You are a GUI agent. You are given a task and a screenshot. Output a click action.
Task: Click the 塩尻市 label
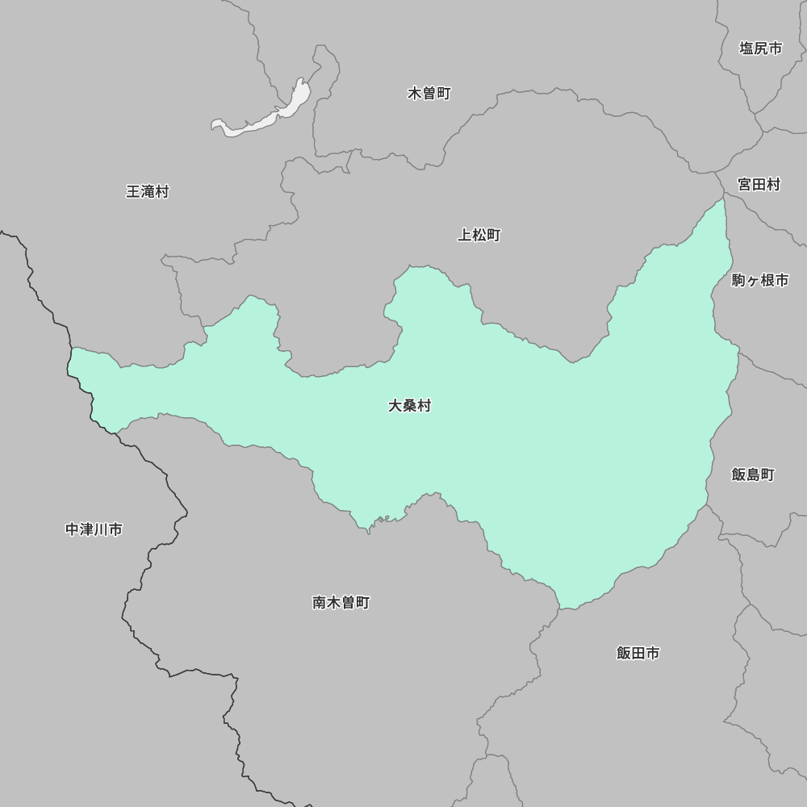[760, 48]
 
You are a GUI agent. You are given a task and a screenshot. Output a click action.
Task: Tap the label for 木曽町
[429, 94]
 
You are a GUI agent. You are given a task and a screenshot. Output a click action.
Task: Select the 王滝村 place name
[148, 192]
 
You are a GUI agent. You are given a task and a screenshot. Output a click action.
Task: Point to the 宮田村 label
[759, 185]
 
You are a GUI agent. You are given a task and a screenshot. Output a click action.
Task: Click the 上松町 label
[479, 236]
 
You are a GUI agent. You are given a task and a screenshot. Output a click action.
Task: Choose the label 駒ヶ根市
[759, 281]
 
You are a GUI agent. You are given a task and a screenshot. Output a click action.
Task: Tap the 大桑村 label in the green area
[409, 406]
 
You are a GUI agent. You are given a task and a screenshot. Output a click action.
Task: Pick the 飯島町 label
[752, 475]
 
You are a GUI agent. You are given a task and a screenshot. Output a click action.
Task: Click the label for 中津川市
[94, 529]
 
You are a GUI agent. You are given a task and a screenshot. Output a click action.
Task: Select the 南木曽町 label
[341, 603]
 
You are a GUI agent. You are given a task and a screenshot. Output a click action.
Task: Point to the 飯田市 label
[638, 653]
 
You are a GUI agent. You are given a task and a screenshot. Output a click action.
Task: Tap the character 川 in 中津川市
[101, 529]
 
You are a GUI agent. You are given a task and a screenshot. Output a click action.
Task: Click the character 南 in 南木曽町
[320, 603]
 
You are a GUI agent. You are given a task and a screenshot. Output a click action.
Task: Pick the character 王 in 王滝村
[133, 192]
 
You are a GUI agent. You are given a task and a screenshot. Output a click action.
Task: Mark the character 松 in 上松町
[479, 236]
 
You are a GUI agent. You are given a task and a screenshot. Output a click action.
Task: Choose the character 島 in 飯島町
[752, 475]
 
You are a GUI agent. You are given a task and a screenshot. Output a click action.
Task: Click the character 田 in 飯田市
[638, 653]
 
